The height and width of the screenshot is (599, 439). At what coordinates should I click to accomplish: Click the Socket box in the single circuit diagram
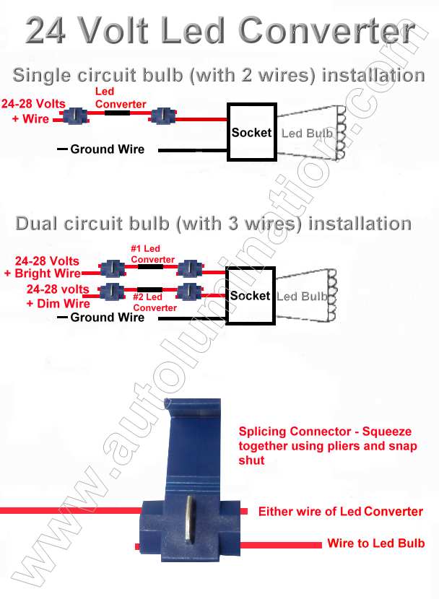pos(251,132)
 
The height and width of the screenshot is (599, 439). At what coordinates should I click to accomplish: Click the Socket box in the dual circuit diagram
pos(250,296)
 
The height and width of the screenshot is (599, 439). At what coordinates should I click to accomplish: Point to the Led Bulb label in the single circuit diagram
pos(307,134)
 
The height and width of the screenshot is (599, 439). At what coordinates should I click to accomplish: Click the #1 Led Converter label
pos(152,254)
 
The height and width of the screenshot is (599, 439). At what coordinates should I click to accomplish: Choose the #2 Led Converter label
pos(155,302)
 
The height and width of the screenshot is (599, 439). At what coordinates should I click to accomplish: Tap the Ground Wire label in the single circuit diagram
pos(107,149)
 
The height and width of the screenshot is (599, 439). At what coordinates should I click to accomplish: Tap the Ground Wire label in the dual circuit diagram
pos(107,317)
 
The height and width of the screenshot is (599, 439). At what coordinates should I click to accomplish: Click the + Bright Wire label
pos(43,274)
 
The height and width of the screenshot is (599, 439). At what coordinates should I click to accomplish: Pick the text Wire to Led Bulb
pos(375,543)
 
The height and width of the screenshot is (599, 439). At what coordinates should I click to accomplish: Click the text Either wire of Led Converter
pos(340,512)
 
